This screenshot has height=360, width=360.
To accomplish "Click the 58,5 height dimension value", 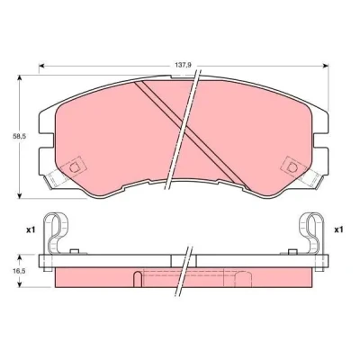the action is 20,136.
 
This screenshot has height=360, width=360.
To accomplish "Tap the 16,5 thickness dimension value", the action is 20,271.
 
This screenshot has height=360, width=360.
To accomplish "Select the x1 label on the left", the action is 31,230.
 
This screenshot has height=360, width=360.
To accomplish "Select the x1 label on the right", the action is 338,230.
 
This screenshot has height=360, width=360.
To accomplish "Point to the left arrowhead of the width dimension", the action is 42,66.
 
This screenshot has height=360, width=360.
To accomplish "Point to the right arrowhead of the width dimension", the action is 325,66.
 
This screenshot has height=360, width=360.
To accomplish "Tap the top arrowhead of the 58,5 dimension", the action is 20,78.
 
